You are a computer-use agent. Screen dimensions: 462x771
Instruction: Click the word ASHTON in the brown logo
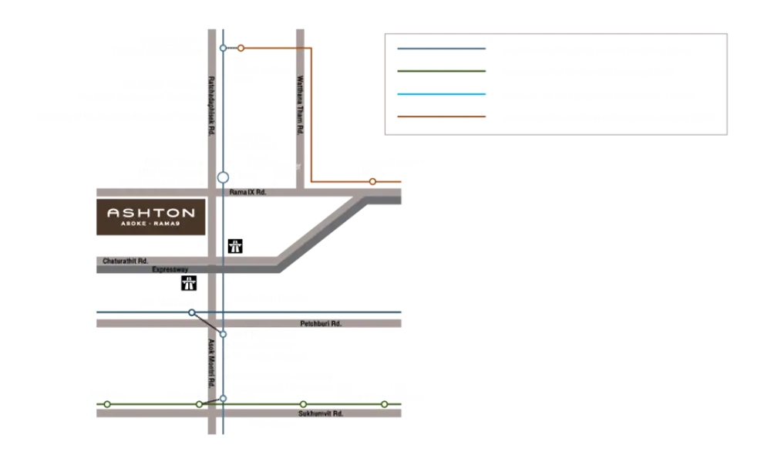click(150, 212)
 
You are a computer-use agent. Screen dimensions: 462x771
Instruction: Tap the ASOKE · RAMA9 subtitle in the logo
click(150, 225)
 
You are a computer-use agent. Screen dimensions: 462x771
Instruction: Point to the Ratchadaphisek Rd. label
click(210, 106)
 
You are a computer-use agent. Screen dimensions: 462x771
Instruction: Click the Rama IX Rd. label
click(248, 192)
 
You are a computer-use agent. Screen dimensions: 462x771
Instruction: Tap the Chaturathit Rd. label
click(126, 261)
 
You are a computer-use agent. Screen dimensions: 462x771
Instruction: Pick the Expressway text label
click(170, 269)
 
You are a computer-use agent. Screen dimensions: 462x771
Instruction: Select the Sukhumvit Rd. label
click(320, 413)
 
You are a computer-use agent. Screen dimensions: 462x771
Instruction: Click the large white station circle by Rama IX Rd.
click(223, 177)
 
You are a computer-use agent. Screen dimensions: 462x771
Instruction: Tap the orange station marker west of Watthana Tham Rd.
click(241, 48)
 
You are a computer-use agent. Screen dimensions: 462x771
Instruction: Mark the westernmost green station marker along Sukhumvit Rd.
click(107, 403)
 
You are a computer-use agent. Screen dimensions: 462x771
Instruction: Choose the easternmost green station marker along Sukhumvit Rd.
click(384, 403)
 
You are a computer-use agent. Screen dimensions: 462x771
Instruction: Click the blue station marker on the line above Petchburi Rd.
click(191, 312)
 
